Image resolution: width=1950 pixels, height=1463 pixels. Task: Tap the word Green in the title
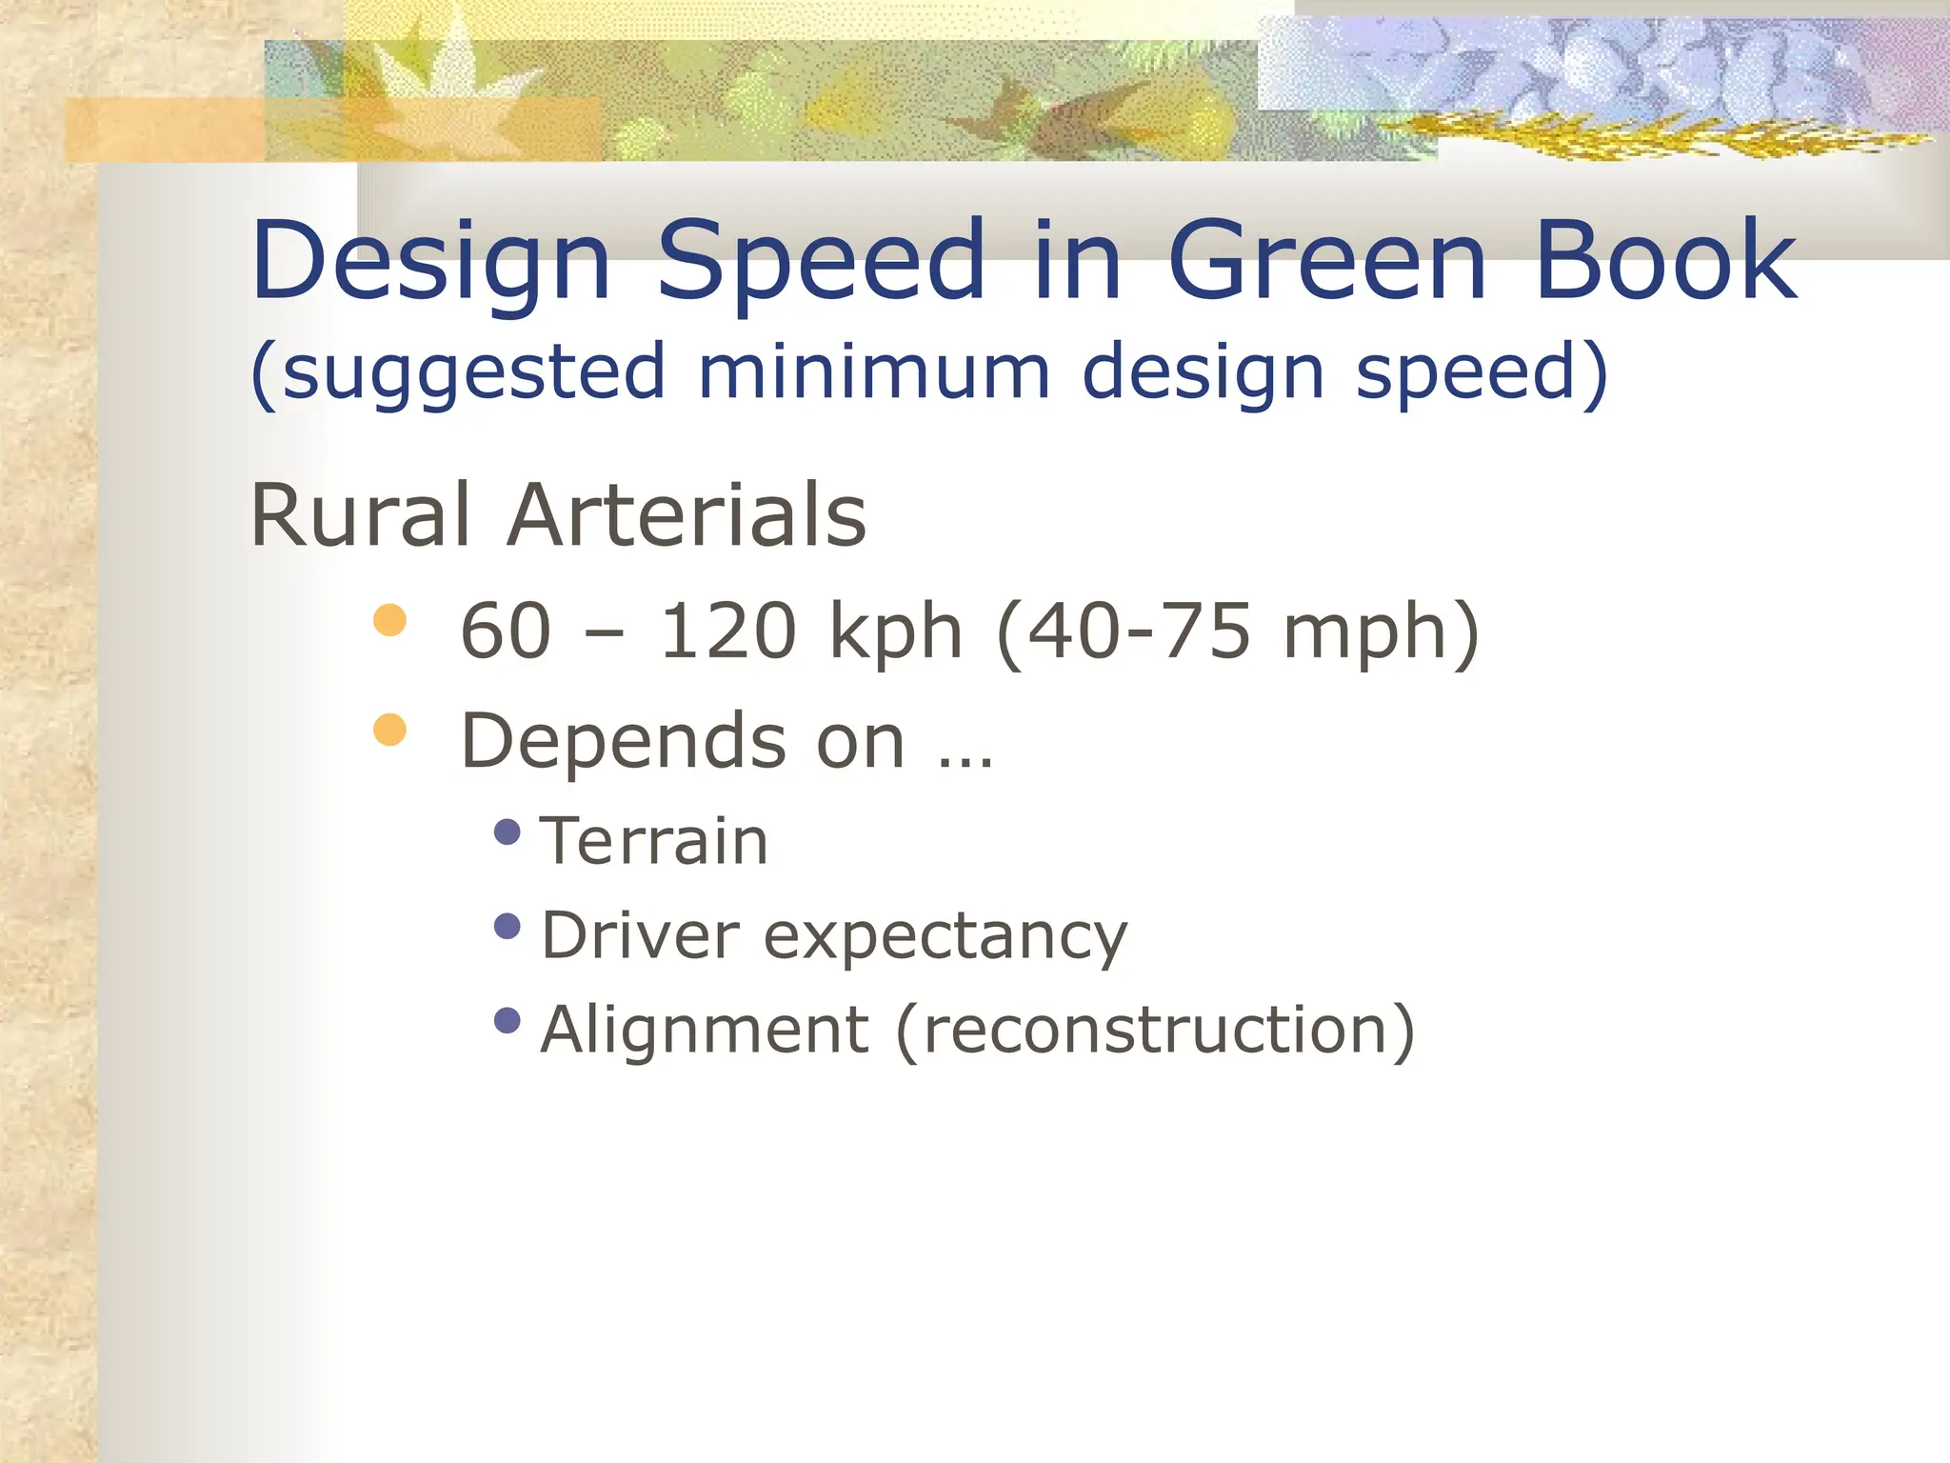tap(1326, 260)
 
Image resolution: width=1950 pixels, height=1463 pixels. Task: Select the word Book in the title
tap(1665, 260)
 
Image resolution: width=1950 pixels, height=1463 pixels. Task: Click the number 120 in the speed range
tap(728, 631)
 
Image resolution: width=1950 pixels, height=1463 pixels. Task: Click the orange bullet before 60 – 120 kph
tap(390, 621)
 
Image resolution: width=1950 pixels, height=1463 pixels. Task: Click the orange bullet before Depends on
tap(390, 731)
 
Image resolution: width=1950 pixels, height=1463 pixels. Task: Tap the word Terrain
tap(654, 842)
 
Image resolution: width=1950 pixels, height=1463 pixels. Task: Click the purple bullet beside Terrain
tap(508, 832)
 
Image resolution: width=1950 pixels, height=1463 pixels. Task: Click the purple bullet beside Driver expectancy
tap(508, 926)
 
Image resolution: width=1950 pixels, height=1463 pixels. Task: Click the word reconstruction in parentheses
tap(1155, 1030)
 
